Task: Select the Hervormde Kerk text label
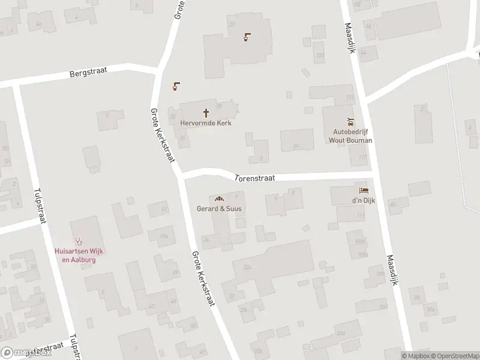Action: [x=206, y=123]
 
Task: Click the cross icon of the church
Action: [x=206, y=112]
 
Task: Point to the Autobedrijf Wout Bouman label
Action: [x=350, y=136]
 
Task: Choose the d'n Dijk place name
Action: [x=363, y=200]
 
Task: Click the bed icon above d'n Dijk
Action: [x=363, y=190]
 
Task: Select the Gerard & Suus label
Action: [x=219, y=209]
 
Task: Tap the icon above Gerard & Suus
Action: [x=219, y=199]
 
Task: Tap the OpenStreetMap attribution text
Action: [x=454, y=356]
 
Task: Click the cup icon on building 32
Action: [x=247, y=38]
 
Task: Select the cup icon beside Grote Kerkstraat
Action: [x=176, y=86]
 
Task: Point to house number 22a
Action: [x=245, y=267]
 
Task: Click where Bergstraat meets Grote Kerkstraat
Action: [x=157, y=69]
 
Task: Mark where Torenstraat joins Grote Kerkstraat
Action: [x=181, y=175]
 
